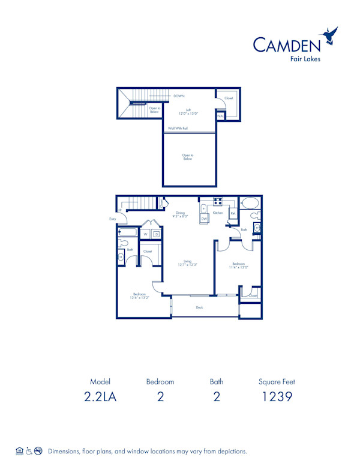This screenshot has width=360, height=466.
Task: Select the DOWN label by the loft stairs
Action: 179,95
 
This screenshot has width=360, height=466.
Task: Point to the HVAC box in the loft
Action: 220,115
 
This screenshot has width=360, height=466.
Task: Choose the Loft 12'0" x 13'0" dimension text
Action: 188,112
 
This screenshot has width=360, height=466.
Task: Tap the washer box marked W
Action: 145,234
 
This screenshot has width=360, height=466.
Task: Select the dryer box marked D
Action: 156,234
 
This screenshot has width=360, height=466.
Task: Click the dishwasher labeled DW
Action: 204,219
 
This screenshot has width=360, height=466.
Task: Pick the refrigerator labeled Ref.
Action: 233,213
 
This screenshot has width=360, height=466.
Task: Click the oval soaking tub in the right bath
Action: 250,202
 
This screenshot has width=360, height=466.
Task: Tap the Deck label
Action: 199,307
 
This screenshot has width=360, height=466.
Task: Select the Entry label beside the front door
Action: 112,219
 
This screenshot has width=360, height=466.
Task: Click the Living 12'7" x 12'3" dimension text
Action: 187,263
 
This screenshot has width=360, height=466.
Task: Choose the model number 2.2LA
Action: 100,397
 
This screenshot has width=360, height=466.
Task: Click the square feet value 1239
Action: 277,397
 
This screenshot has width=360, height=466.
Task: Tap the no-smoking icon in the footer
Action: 38,450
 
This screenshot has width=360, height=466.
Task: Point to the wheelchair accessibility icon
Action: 29,450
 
